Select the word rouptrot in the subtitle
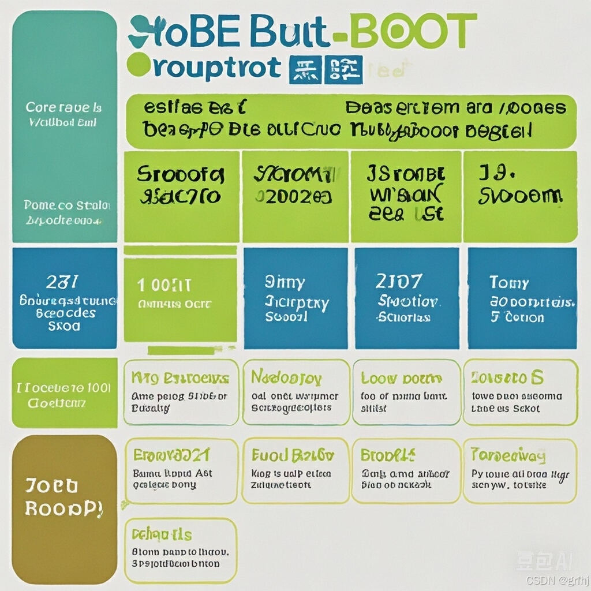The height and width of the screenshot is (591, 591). point(217,67)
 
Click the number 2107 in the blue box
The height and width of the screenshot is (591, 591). point(398,282)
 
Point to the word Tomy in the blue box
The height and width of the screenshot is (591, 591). point(508,282)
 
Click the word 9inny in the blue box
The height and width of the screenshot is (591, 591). point(285,282)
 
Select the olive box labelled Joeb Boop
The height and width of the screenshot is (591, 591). point(64,496)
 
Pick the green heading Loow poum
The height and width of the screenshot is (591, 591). point(401,379)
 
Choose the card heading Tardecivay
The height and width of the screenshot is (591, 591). point(508,455)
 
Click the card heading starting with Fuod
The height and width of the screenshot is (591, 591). point(293,455)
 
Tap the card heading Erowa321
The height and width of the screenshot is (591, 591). point(171,455)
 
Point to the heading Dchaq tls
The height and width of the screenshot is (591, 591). point(162,534)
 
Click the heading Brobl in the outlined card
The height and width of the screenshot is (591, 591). point(388,455)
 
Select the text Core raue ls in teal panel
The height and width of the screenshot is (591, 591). point(63,107)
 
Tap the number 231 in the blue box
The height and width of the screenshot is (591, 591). point(62,282)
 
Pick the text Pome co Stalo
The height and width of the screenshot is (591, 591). point(67,205)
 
